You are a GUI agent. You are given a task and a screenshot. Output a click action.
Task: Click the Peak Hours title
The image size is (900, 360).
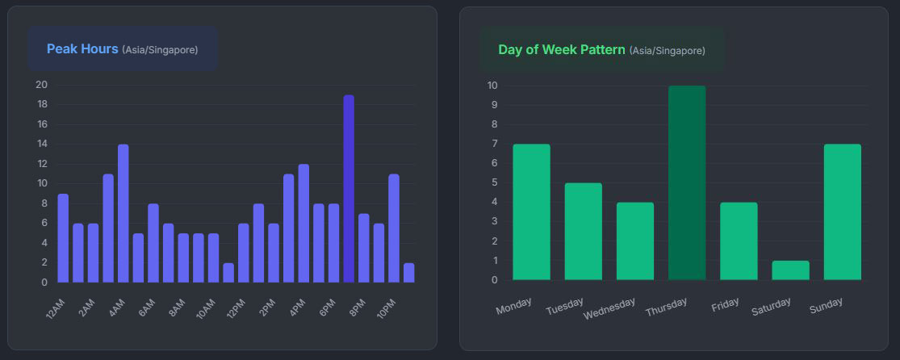[x=82, y=48]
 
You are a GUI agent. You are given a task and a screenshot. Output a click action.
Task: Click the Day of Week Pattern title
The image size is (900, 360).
[x=561, y=49]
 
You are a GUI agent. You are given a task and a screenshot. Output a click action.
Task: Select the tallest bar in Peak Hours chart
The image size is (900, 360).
[x=349, y=189]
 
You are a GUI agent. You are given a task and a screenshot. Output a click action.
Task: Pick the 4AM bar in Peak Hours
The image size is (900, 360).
[x=123, y=214]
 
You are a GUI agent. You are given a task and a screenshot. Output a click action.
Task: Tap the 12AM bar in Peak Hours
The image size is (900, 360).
[x=63, y=238]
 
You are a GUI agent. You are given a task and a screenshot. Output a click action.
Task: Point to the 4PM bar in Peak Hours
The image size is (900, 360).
[x=303, y=224]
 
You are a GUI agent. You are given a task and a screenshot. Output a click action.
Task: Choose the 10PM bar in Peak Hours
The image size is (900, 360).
[x=394, y=228]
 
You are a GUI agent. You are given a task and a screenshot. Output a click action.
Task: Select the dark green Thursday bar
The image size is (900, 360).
[x=687, y=183]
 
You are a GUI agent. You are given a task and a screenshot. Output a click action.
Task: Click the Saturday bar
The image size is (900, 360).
[x=790, y=270]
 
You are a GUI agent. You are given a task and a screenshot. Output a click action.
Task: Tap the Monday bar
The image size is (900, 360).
[x=531, y=211]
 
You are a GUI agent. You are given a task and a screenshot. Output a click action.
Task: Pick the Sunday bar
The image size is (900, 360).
[x=842, y=211]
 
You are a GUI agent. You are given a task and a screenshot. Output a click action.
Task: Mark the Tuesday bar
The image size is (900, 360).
[x=583, y=232]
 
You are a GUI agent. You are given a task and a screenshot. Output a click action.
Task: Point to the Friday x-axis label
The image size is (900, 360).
[x=725, y=305]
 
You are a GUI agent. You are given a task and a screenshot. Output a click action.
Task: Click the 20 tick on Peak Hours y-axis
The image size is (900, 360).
[x=41, y=85]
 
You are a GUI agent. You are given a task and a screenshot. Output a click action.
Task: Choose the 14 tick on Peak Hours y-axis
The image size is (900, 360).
[x=41, y=144]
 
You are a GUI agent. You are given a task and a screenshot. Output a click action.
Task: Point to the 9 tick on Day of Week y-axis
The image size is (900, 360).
[x=493, y=105]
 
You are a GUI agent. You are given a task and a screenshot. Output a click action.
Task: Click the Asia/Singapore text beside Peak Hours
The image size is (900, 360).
[x=160, y=50]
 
